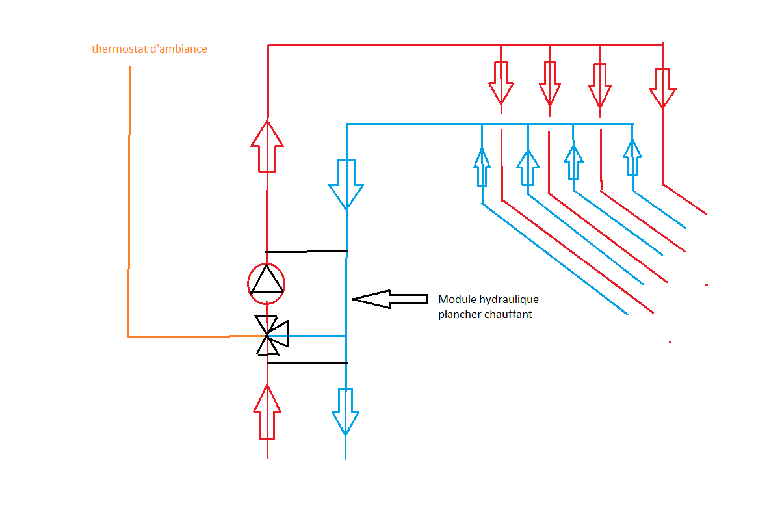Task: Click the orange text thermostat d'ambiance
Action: (x=150, y=49)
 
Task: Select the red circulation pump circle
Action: (x=267, y=283)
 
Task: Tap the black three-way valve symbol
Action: (x=268, y=336)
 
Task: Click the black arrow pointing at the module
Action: (x=389, y=299)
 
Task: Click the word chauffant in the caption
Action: (x=510, y=315)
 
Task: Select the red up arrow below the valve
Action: (x=267, y=411)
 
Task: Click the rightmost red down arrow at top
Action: (x=663, y=87)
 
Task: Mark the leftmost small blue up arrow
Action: (x=482, y=167)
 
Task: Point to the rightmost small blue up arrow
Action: (x=632, y=157)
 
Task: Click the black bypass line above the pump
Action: (x=307, y=251)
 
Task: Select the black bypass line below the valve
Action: (x=307, y=362)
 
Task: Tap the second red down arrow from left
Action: (x=550, y=84)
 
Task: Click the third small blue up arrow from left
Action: (x=573, y=161)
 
